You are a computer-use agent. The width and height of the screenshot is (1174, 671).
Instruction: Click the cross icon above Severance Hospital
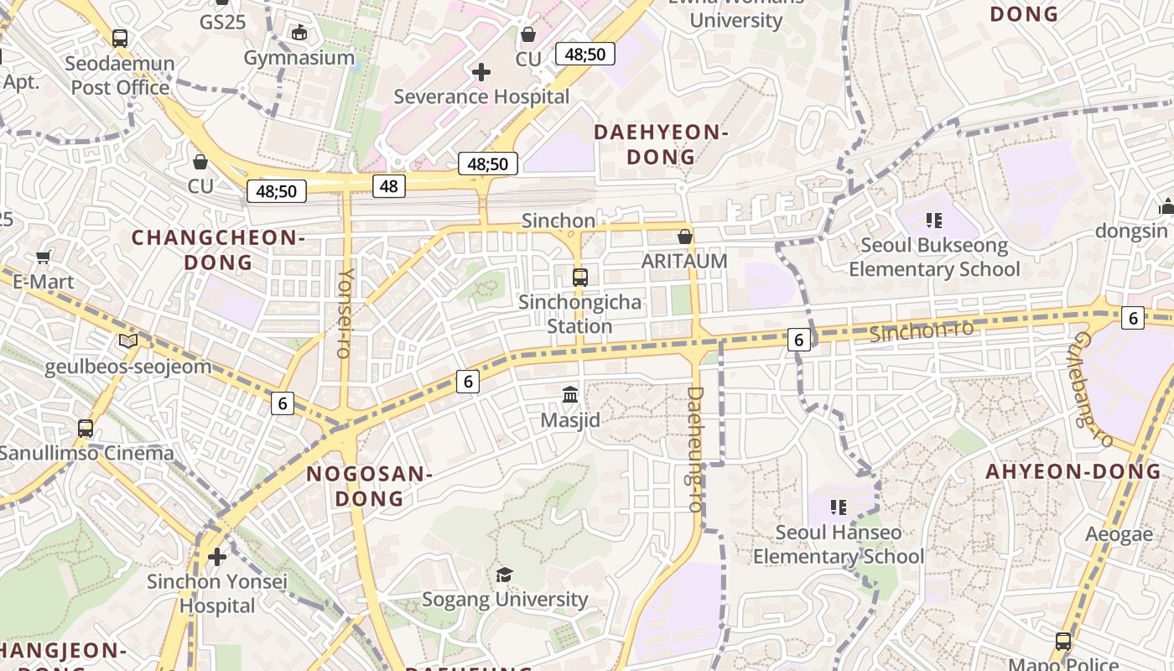tap(481, 72)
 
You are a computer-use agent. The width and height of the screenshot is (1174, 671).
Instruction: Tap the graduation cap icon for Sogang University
tap(504, 575)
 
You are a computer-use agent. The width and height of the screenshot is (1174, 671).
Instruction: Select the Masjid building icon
tap(570, 393)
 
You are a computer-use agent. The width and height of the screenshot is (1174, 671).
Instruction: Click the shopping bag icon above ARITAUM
tap(685, 237)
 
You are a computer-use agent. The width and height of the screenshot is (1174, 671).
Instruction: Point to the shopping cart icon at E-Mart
tap(44, 257)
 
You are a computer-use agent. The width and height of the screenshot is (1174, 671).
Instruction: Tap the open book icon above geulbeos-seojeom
tap(127, 341)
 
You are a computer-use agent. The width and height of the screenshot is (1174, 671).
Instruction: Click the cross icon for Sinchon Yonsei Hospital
tap(217, 556)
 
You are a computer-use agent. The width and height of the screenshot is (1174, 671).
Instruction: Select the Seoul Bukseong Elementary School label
tap(934, 257)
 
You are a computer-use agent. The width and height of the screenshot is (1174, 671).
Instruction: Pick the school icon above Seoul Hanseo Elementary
tap(839, 507)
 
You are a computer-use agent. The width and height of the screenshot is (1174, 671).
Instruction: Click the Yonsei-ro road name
tap(345, 313)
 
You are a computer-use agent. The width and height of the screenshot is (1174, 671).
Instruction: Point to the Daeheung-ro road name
tap(695, 449)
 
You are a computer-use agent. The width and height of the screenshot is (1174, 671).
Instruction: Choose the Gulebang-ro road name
tap(1093, 389)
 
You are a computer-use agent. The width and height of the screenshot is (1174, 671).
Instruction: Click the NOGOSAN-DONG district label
tap(369, 486)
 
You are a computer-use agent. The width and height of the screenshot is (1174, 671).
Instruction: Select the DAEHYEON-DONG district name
tap(661, 144)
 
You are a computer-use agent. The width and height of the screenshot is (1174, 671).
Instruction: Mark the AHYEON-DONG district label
tap(1073, 471)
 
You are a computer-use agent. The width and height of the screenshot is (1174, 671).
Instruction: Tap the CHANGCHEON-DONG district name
tap(218, 250)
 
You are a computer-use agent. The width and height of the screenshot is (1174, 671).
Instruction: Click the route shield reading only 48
tap(389, 185)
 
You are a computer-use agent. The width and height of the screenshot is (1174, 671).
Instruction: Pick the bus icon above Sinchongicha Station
tap(579, 277)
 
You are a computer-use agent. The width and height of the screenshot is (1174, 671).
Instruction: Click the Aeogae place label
tap(1119, 534)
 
